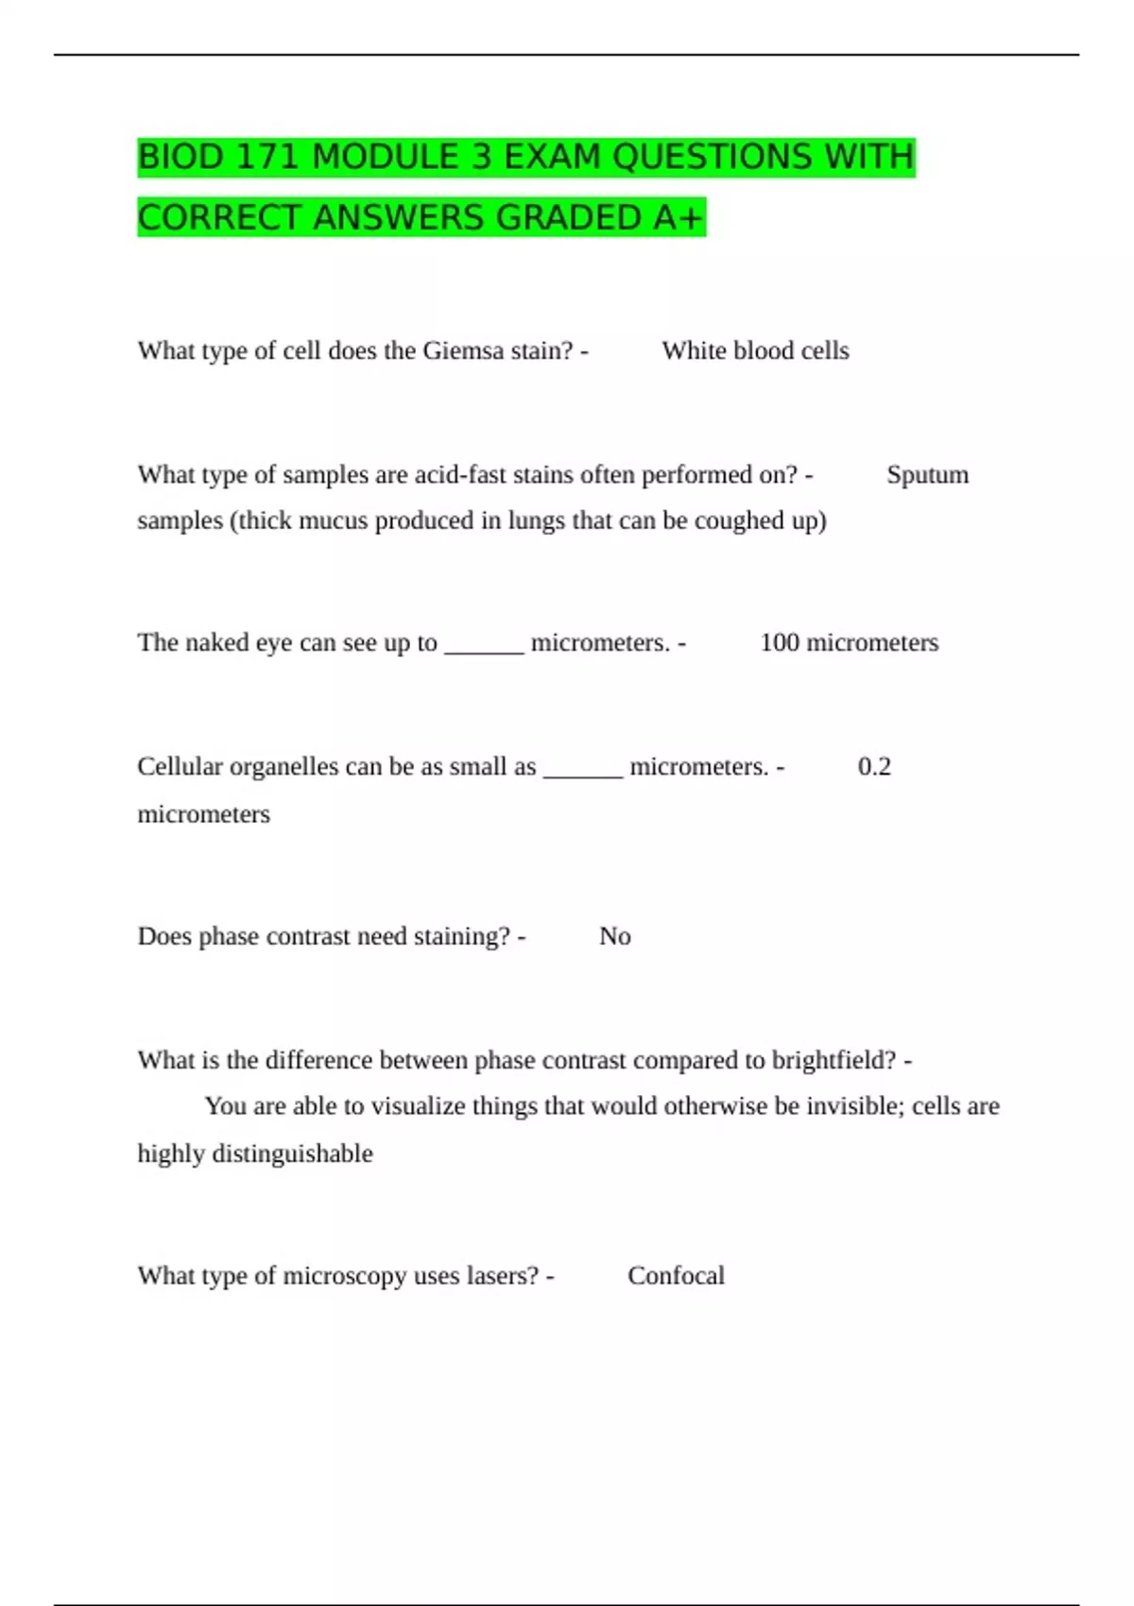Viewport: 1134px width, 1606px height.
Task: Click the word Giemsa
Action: (463, 350)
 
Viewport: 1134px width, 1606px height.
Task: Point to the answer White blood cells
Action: (755, 350)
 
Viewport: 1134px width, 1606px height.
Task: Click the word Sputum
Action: (927, 474)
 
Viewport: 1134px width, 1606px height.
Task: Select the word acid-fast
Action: (461, 474)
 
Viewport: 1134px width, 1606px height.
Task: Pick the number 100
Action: (780, 642)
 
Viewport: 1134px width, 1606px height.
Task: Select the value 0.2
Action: (874, 766)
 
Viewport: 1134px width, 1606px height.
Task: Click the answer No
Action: (615, 936)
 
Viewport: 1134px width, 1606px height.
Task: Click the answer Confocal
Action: (676, 1275)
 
